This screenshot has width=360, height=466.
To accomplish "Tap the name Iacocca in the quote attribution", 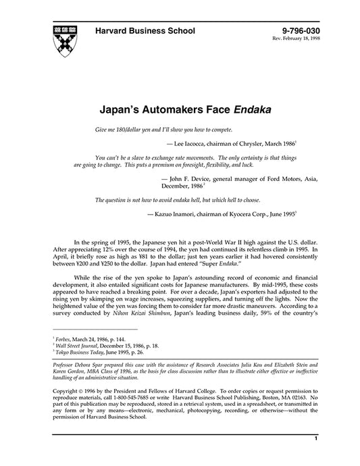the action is click(x=212, y=143).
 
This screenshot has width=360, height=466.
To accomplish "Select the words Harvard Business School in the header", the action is click(x=145, y=31).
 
